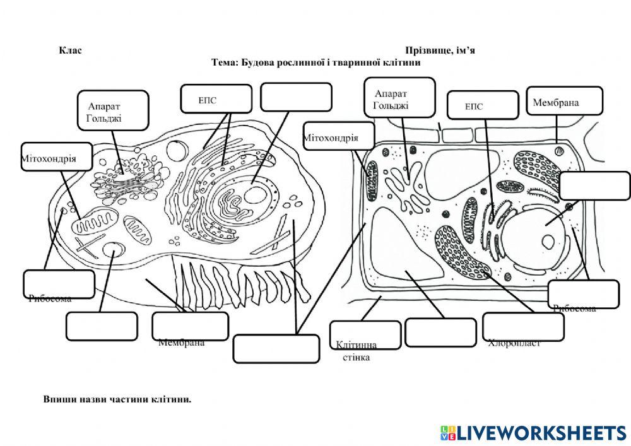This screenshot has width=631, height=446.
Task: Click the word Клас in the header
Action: (70, 50)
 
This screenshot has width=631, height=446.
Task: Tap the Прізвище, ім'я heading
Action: (440, 50)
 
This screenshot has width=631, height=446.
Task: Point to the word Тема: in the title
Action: (223, 63)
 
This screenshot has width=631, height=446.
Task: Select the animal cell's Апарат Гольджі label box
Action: (113, 110)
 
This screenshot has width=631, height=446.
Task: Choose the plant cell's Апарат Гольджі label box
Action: (400, 98)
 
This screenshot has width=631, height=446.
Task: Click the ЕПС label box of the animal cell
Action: (216, 98)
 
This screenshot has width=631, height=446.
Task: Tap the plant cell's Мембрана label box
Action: (564, 101)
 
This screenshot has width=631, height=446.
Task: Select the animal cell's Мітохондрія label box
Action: (56, 156)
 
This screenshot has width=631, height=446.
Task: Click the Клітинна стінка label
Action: (357, 351)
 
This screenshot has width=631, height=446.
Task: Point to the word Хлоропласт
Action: (515, 344)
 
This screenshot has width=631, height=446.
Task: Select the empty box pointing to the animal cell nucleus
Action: (296, 97)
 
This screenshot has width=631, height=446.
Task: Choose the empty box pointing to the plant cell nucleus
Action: (594, 185)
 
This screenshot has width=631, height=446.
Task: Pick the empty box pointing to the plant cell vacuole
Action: (440, 332)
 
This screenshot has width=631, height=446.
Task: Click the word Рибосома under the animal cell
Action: (50, 299)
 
